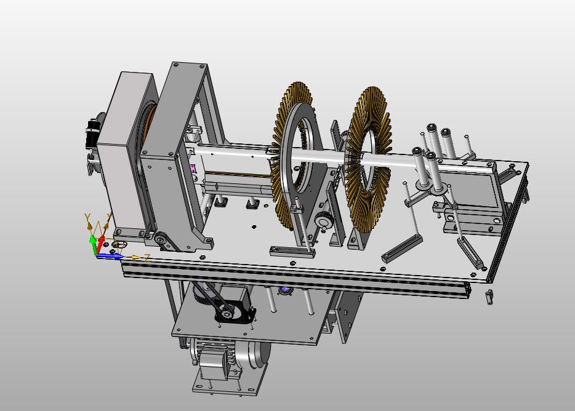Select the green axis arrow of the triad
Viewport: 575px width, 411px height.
point(93,245)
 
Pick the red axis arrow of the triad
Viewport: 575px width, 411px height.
point(100,242)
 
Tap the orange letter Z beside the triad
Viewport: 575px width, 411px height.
point(147,258)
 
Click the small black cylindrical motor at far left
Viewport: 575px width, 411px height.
point(92,132)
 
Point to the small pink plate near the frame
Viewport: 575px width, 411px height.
point(193,169)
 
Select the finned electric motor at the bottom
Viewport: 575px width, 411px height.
point(229,357)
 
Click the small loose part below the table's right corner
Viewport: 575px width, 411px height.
point(489,297)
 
